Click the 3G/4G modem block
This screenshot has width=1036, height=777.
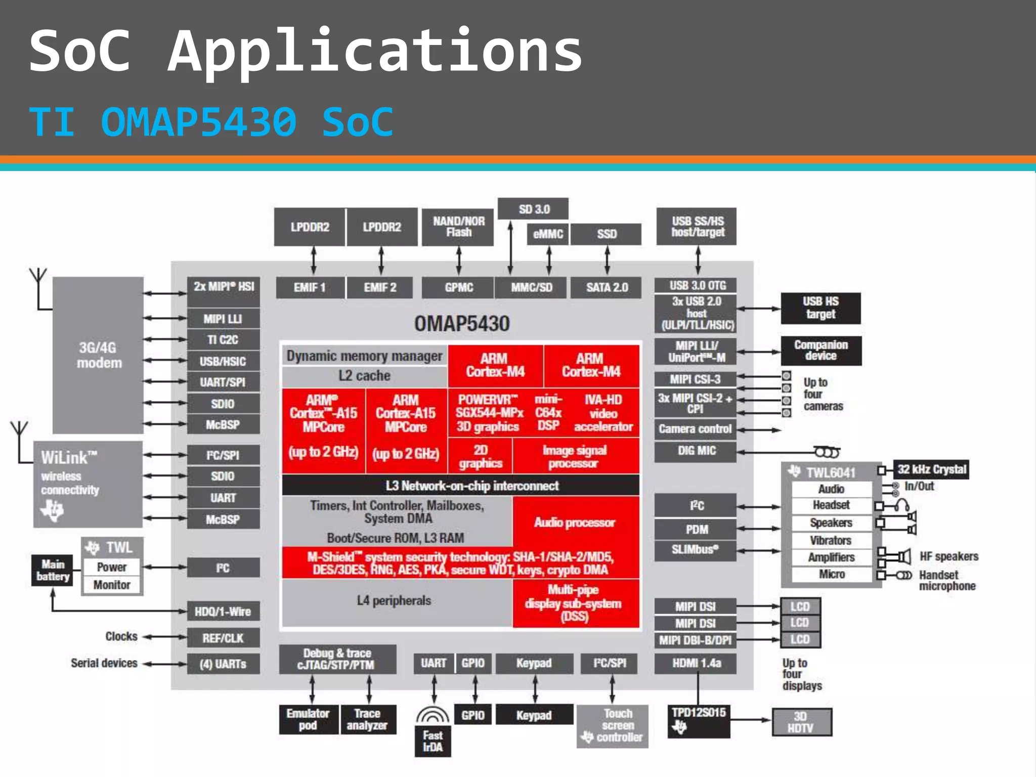[x=98, y=355]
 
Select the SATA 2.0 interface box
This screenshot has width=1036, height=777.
[x=607, y=287]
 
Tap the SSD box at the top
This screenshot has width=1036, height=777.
[x=607, y=234]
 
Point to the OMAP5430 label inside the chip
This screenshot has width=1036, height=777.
[x=461, y=324]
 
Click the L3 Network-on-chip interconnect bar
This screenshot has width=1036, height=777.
[x=460, y=486]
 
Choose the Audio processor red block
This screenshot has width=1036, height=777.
[x=575, y=523]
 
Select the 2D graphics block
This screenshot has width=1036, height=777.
[x=480, y=456]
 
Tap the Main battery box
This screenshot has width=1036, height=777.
[x=53, y=571]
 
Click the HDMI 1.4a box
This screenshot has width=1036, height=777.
[x=696, y=663]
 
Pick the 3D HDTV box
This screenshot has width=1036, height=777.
[x=801, y=722]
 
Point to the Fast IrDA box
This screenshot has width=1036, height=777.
[x=433, y=741]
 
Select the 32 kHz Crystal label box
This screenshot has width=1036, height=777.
[x=931, y=469]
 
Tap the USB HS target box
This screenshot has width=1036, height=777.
[x=820, y=308]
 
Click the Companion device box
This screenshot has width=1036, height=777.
[x=821, y=351]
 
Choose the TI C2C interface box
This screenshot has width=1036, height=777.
[x=223, y=340]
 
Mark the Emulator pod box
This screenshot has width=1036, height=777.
[x=308, y=719]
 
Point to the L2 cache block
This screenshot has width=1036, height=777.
[x=364, y=376]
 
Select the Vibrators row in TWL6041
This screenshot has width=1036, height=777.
[x=831, y=540]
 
